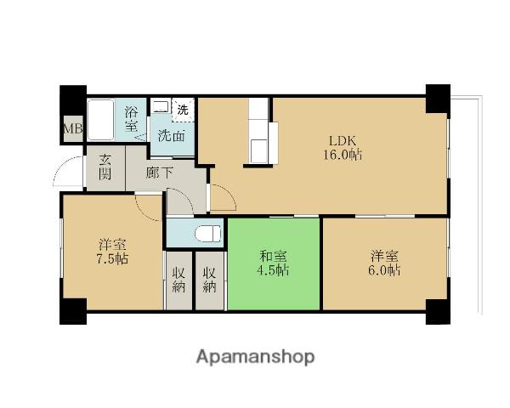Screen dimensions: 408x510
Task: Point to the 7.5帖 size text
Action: click(111, 258)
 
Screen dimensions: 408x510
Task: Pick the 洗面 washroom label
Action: click(172, 134)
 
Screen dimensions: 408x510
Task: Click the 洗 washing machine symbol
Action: click(182, 109)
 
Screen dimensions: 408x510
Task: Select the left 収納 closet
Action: click(178, 280)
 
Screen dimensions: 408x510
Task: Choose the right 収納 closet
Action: click(209, 280)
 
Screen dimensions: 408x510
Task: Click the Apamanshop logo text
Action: click(255, 356)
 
